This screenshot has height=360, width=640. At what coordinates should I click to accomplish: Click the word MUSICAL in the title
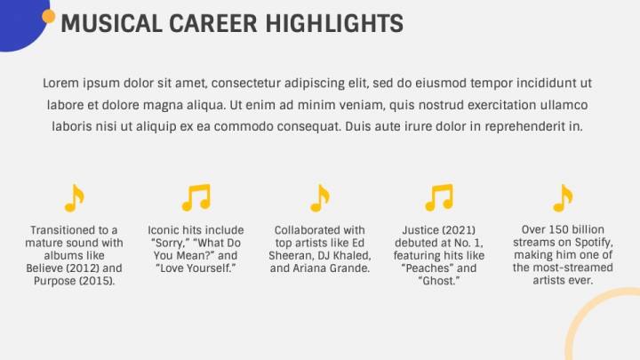coord(111,24)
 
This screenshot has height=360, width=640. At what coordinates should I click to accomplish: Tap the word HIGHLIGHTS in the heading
coord(334,24)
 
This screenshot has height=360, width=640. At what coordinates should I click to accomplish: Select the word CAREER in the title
coord(213,24)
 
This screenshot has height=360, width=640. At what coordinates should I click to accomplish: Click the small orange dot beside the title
coord(49,16)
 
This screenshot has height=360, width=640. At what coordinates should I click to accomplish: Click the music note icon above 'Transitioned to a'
coord(75,198)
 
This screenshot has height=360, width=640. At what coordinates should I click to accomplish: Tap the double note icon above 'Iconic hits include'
coord(196,197)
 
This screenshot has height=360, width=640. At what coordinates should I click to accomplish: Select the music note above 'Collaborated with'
coord(320,198)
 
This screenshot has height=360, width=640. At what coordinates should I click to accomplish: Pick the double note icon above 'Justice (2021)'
coord(439,197)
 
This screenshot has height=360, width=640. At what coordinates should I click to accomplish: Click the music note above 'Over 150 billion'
coord(563,198)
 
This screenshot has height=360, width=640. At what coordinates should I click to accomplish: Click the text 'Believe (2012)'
coord(62,268)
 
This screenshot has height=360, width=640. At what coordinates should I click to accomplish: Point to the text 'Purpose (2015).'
coord(75,281)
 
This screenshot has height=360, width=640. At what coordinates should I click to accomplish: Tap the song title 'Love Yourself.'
coord(196,268)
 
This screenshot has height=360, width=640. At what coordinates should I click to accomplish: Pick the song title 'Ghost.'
coord(439,281)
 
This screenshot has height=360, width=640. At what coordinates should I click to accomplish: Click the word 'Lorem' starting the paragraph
coord(60,84)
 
